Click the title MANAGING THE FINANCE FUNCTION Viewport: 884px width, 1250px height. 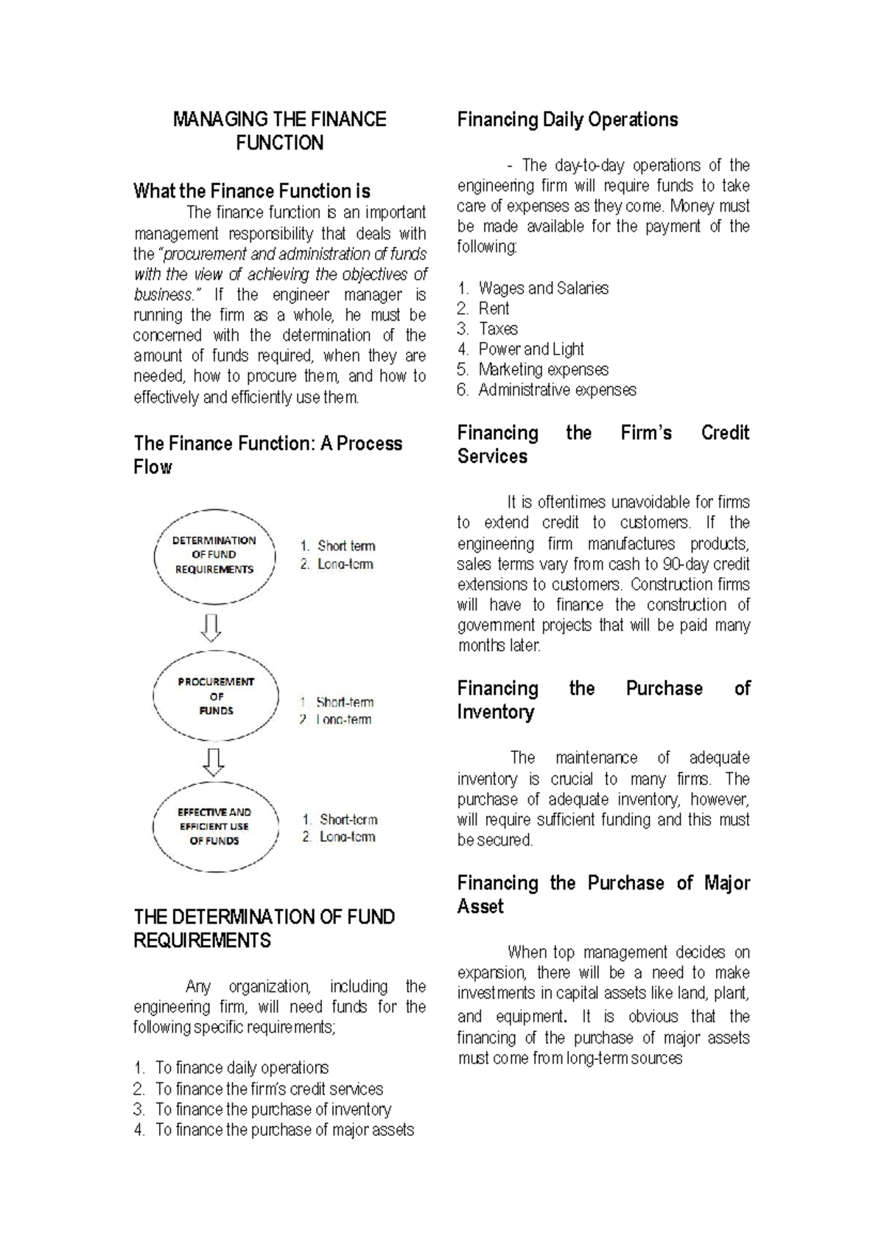[x=279, y=130]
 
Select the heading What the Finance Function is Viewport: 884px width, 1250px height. [x=251, y=191]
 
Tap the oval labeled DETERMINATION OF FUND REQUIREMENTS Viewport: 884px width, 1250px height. [x=214, y=555]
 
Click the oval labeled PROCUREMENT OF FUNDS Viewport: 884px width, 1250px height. [x=216, y=696]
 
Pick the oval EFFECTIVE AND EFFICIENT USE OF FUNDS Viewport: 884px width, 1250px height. [x=214, y=826]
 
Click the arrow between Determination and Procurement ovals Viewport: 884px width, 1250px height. [x=211, y=627]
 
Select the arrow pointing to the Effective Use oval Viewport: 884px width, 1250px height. [x=213, y=761]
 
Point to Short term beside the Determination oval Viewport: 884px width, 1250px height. [x=345, y=546]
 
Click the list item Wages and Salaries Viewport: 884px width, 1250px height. [x=543, y=288]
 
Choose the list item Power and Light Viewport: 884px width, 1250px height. [x=530, y=349]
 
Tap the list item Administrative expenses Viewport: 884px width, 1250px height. [x=557, y=390]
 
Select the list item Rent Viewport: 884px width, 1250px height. [x=494, y=309]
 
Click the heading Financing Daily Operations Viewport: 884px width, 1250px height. [x=567, y=119]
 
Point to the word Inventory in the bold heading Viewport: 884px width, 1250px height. [x=495, y=712]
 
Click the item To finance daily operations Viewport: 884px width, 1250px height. [x=242, y=1068]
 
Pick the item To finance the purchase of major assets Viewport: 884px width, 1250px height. [x=284, y=1130]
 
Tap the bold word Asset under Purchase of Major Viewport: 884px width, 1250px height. [x=480, y=907]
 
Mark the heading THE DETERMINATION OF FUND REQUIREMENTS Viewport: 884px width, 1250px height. [x=264, y=929]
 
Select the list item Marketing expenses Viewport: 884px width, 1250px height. [x=543, y=369]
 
